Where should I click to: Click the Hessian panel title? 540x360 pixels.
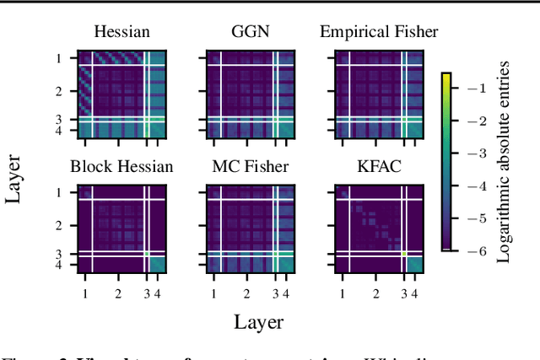click(122, 33)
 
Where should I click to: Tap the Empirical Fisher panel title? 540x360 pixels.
click(379, 33)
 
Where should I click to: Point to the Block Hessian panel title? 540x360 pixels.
click(122, 166)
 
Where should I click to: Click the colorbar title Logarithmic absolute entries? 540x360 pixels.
click(503, 167)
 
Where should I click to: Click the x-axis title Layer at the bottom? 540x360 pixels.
click(258, 321)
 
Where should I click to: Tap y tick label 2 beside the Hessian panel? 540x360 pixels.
click(59, 89)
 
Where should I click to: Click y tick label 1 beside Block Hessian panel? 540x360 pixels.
click(59, 193)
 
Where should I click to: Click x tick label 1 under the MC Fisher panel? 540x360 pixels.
click(213, 293)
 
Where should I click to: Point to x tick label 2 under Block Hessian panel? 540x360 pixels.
click(118, 293)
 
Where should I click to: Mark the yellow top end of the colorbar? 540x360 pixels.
click(446, 76)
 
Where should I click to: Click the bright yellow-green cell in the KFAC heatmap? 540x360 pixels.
click(404, 254)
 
